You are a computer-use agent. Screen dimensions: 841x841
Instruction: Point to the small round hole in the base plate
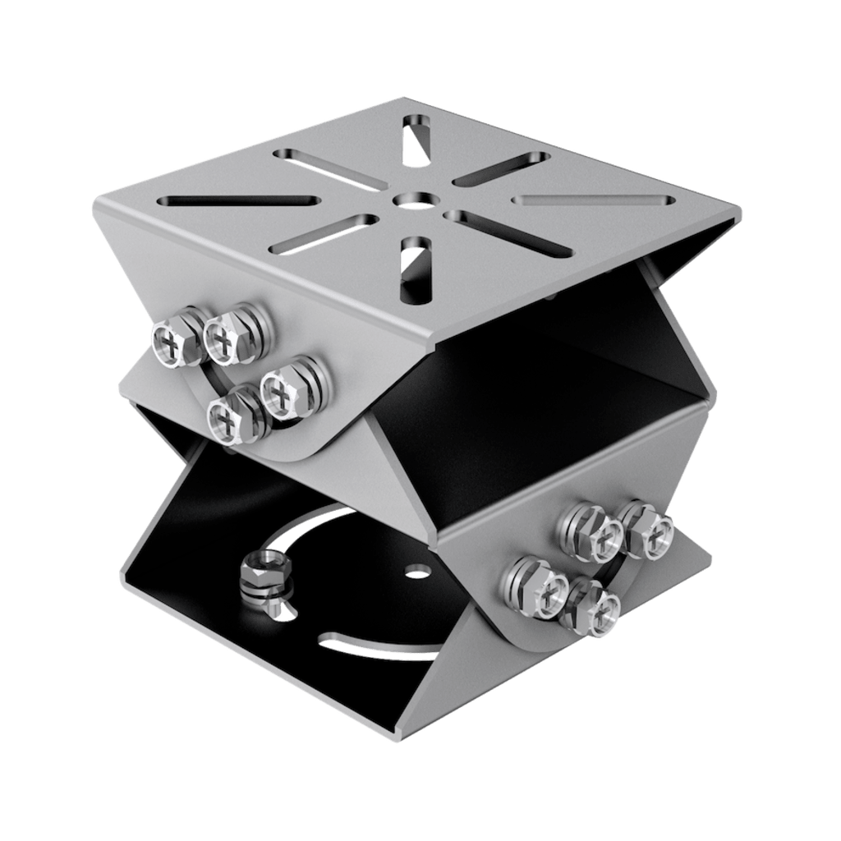click(418, 568)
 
